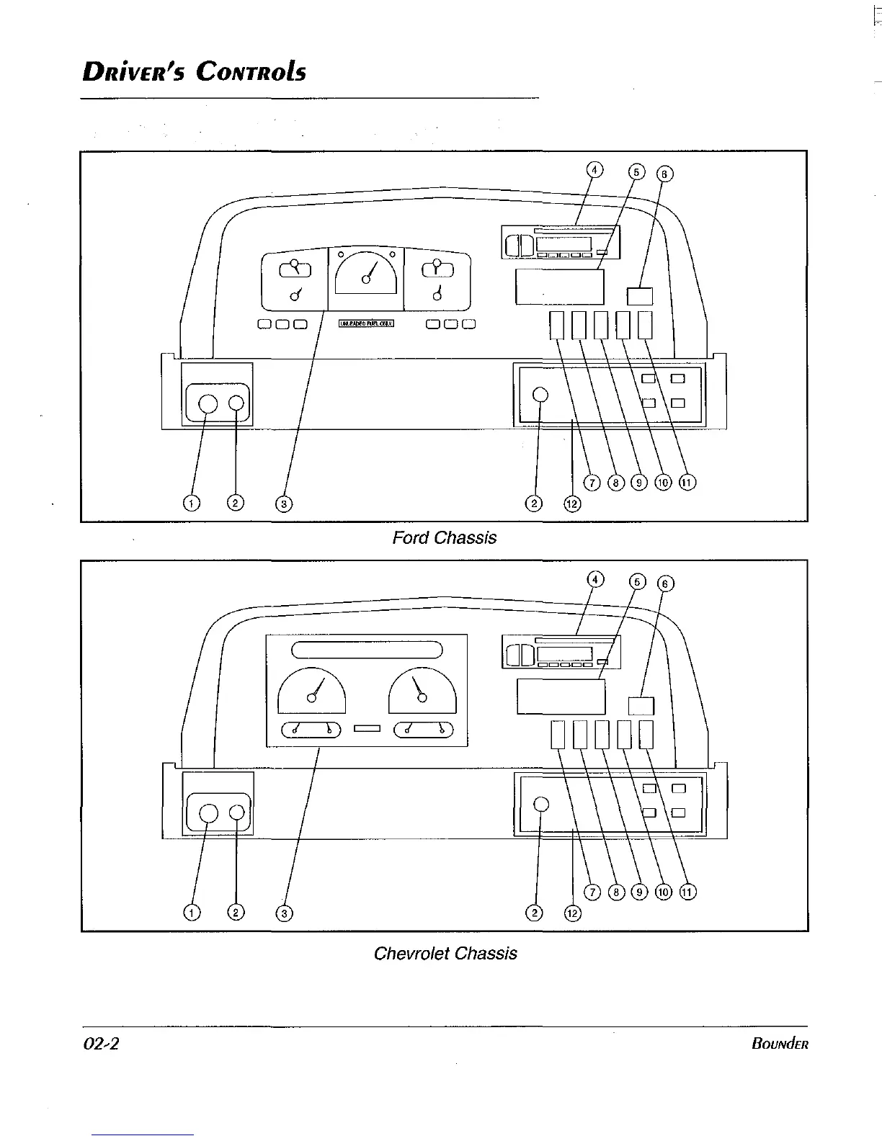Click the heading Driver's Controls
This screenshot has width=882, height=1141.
click(194, 71)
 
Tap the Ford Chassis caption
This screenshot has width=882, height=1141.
click(444, 538)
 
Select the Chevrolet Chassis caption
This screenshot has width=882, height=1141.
click(445, 954)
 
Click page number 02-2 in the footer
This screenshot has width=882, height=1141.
click(100, 1044)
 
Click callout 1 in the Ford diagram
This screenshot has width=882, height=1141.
click(191, 503)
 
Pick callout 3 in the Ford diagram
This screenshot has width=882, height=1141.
click(284, 504)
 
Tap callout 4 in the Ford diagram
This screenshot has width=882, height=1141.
click(594, 170)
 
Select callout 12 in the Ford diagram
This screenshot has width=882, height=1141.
click(571, 504)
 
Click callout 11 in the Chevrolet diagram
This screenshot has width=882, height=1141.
click(687, 892)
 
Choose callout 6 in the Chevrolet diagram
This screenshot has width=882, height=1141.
click(667, 583)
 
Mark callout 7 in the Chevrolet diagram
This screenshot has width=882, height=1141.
click(592, 892)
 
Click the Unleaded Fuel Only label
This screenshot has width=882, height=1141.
click(367, 324)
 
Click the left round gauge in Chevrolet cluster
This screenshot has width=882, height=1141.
click(312, 691)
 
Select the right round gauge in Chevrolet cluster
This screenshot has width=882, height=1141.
click(423, 691)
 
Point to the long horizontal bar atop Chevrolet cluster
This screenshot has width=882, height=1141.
click(367, 650)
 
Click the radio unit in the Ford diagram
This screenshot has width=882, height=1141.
click(561, 242)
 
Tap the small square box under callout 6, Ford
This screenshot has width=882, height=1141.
click(640, 296)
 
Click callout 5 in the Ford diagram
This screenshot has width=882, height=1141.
click(637, 172)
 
